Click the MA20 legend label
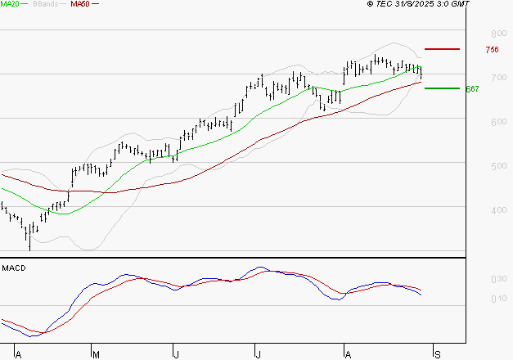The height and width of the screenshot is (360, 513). [10, 4]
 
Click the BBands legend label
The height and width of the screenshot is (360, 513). [45, 4]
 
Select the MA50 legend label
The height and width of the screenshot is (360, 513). [80, 4]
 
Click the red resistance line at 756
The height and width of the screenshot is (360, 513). [442, 49]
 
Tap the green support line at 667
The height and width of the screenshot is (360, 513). [442, 88]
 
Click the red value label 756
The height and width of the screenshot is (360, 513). [492, 50]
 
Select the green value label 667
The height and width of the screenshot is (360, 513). [471, 88]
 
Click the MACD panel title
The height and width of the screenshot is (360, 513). [13, 268]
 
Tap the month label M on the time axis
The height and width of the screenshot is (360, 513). [96, 354]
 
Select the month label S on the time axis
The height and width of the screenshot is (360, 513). [437, 354]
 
